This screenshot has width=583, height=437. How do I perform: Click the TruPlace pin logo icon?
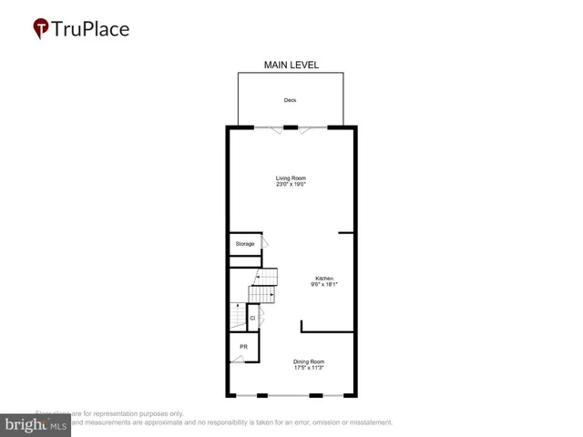point(41,29)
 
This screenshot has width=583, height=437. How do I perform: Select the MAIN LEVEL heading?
point(291,65)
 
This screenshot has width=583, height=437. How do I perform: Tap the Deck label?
point(290,100)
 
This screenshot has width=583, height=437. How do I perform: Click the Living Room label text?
point(291,178)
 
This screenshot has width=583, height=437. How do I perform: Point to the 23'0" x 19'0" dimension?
point(291,185)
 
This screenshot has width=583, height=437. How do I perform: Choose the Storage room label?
point(244,244)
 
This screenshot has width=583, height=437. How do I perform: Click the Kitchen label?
point(324,278)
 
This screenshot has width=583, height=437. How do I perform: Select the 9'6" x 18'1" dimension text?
point(324,285)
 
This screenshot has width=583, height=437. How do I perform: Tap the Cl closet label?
point(252,318)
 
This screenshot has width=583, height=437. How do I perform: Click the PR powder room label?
point(244,347)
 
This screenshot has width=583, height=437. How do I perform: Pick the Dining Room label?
point(309,361)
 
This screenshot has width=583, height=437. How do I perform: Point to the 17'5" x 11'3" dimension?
point(309,369)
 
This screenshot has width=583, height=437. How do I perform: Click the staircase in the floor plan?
point(262,286)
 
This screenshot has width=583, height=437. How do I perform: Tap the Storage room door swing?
point(265,243)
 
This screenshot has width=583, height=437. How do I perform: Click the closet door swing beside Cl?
point(262,317)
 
